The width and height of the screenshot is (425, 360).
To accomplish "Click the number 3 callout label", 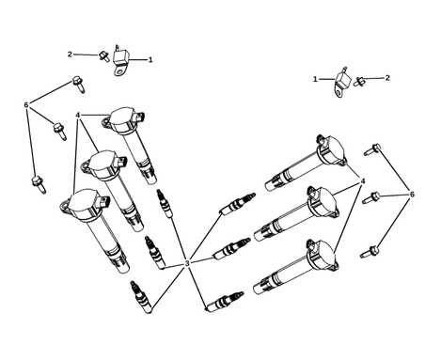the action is coord(187,263).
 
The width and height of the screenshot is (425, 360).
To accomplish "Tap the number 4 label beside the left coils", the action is coord(77,116).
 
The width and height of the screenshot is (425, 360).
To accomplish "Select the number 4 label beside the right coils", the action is coord(363,181).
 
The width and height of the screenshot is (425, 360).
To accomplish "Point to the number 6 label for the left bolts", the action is coord(26,104).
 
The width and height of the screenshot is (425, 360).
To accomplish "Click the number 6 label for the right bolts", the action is coord(412,195).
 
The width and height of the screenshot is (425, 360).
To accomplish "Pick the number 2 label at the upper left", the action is coord(70,55).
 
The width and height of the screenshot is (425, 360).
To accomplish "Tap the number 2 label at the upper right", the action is coord(387,78).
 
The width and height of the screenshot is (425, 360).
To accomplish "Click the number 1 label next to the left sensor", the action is coord(150,59).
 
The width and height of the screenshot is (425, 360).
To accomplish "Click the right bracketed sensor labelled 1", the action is coord(342,82).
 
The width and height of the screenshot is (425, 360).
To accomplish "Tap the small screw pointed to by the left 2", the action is coord(104,56).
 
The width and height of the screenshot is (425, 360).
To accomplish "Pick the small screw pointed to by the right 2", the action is coord(359,82).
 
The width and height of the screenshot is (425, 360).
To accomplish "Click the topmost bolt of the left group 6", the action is coord(78,84).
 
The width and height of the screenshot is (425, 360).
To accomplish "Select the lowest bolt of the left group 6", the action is coord(39,184).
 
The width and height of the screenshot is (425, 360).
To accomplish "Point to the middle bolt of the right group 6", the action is coord(371,198).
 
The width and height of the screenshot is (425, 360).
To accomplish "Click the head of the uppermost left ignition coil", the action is coord(123,119).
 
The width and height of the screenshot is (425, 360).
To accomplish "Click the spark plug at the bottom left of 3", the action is coord(141,296).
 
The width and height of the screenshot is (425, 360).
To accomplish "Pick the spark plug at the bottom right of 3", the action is coord(224,302).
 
